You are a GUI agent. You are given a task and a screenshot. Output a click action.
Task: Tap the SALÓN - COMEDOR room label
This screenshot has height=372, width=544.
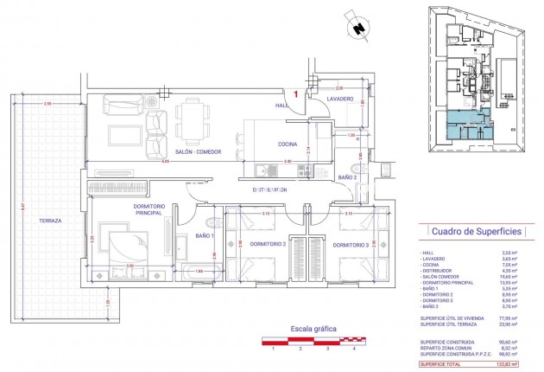pyautogui.click(x=198, y=151)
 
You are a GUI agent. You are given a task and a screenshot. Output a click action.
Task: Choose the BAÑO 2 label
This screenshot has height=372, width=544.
pyautogui.click(x=347, y=177)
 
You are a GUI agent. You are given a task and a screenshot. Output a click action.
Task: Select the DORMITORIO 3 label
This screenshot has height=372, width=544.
pyautogui.click(x=350, y=244)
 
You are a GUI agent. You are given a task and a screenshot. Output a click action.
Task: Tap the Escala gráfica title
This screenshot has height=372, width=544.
pyautogui.click(x=313, y=330)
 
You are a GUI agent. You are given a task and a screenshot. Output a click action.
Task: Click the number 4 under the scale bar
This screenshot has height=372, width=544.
pyautogui.click(x=354, y=349)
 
